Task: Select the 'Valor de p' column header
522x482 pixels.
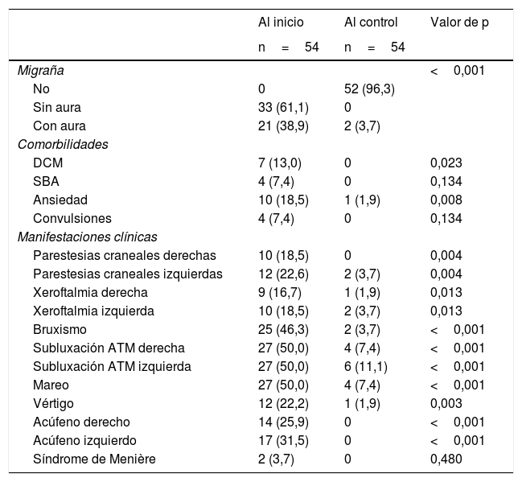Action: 459,23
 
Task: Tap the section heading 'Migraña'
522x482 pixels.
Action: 40,70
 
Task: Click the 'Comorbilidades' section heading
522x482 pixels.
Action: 63,144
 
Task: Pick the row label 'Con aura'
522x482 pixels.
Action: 60,126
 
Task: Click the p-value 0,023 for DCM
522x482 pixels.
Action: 446,163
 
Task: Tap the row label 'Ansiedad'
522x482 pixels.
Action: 60,200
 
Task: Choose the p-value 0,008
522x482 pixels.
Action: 446,200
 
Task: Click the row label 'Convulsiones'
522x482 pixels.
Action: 72,218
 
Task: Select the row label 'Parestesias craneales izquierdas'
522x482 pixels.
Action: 128,274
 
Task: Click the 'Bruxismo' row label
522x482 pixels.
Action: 60,329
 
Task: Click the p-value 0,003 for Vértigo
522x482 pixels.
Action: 446,403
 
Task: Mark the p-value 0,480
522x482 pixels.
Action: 446,459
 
